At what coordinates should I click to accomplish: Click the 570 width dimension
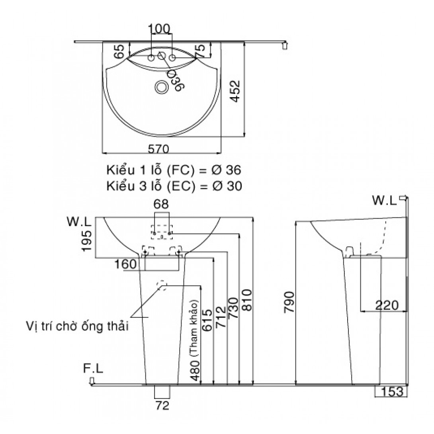[159, 149]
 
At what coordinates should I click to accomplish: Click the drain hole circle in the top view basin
[162, 87]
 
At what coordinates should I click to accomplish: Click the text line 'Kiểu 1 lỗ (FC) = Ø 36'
[174, 170]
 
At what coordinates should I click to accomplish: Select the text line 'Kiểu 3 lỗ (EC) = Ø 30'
[174, 186]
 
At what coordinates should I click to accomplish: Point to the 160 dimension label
[126, 264]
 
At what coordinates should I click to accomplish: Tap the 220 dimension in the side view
[386, 305]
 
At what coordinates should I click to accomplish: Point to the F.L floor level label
[93, 369]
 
